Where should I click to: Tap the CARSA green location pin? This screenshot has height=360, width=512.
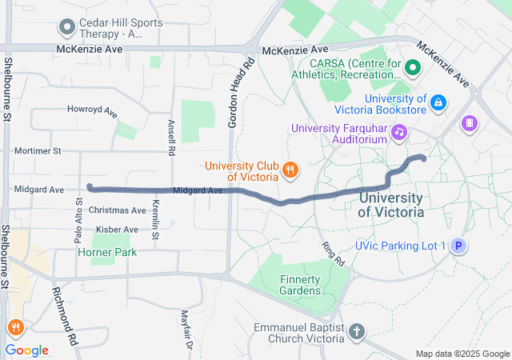click(413, 67)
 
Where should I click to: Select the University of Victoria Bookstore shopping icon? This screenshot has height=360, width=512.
click(438, 102)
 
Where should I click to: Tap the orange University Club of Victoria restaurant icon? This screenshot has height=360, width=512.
click(291, 170)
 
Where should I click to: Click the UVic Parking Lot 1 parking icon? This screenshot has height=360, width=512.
click(458, 246)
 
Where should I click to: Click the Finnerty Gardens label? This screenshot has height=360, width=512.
click(300, 285)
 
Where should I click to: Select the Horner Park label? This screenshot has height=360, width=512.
click(106, 252)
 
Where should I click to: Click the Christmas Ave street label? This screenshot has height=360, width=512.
click(118, 210)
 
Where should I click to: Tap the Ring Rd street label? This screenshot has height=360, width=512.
click(333, 254)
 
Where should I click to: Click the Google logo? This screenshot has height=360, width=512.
click(26, 350)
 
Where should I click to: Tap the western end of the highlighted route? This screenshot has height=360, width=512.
click(90, 187)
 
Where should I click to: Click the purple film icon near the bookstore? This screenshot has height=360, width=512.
click(469, 122)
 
